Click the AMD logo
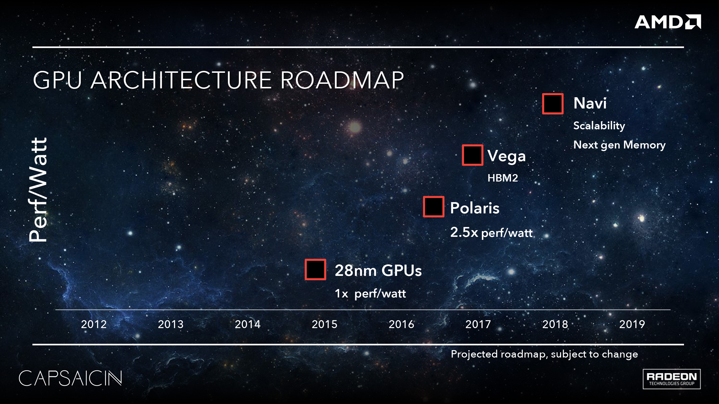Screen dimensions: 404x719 [x=667, y=22]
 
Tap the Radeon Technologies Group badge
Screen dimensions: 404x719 [x=671, y=379]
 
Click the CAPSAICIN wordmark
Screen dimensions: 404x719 [x=70, y=378]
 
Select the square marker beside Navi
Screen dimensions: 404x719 [x=553, y=104]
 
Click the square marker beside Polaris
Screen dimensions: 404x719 [x=434, y=207]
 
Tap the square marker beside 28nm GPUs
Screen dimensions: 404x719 [x=315, y=269]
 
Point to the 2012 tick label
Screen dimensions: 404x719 [x=94, y=324]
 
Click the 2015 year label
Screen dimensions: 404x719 [x=324, y=324]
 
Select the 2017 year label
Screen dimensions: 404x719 [x=478, y=324]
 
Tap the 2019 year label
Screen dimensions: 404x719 [x=632, y=324]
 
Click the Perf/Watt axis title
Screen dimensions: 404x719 [x=39, y=190]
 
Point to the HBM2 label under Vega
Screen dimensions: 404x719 [x=502, y=178]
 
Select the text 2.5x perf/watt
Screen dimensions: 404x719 [x=491, y=233]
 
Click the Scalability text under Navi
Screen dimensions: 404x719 [x=599, y=125]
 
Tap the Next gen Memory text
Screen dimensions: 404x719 [x=619, y=145]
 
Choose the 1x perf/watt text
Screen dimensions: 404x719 [x=370, y=293]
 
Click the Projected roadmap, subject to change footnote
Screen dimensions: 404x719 [x=544, y=354]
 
